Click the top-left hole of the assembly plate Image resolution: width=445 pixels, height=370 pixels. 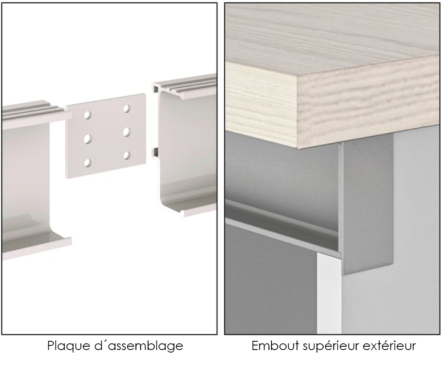click(88, 115)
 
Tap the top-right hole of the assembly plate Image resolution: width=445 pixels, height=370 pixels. click(127, 109)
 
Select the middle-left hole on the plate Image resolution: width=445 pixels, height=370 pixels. click(88, 139)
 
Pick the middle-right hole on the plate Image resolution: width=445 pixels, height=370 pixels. click(127, 132)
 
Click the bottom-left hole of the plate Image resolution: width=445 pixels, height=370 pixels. click(88, 163)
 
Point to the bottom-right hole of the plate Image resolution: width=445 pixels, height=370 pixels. click(127, 155)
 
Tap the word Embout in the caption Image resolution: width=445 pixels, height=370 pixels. click(275, 345)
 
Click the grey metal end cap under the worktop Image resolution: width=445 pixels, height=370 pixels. click(367, 204)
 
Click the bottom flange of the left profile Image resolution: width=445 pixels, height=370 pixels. click(37, 243)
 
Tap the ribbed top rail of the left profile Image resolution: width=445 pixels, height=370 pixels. click(34, 110)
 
